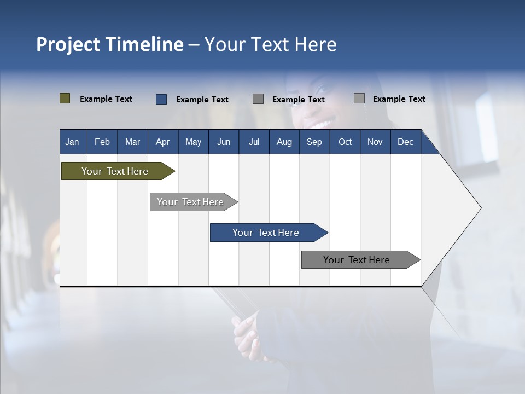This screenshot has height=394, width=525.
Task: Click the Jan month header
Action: coord(72,142)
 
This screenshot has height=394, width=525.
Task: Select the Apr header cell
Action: coord(162,142)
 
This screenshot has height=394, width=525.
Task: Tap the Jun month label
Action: coord(224,142)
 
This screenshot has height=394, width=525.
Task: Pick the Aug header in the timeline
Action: coord(284,142)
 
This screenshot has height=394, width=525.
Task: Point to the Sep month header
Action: coord(314,142)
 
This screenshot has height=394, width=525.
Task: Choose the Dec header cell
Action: coord(405,142)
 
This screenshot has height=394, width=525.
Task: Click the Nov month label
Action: coord(375,142)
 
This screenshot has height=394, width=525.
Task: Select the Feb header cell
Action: coord(102,142)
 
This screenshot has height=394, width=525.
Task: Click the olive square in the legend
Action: coord(65,99)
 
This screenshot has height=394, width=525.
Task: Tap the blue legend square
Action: coord(161,99)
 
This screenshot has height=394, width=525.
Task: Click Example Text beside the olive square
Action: coord(106,99)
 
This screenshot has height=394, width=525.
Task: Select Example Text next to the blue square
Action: coord(202,100)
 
